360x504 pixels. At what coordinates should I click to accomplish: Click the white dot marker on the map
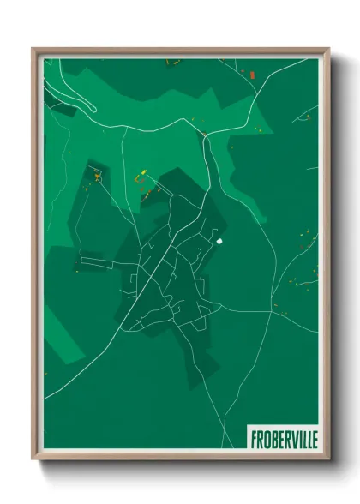tap(220, 242)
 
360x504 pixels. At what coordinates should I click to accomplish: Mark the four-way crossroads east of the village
tap(271, 312)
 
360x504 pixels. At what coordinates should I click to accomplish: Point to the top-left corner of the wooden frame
tap(33, 49)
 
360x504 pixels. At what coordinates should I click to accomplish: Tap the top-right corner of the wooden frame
tap(328, 49)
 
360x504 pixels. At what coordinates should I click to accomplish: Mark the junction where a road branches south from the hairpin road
tap(127, 129)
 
